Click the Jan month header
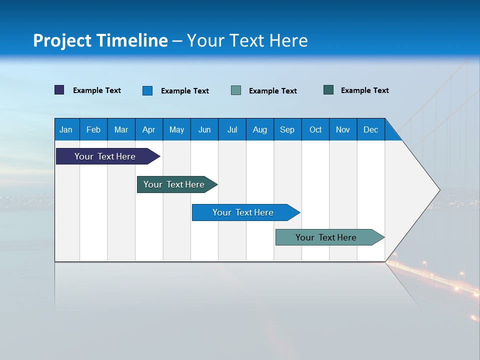pos(66,129)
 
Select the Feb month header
pos(93,129)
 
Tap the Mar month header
pos(121,129)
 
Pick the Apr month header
pos(148,129)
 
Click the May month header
pos(176,129)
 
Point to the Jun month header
pos(204,129)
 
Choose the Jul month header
pos(232,129)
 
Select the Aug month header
pos(259,129)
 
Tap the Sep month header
pos(287,129)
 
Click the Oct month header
pos(315,129)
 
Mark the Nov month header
pos(343,129)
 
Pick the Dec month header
pos(370,129)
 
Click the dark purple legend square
pos(59,90)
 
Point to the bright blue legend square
pos(147,90)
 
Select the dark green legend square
pos(328,90)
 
